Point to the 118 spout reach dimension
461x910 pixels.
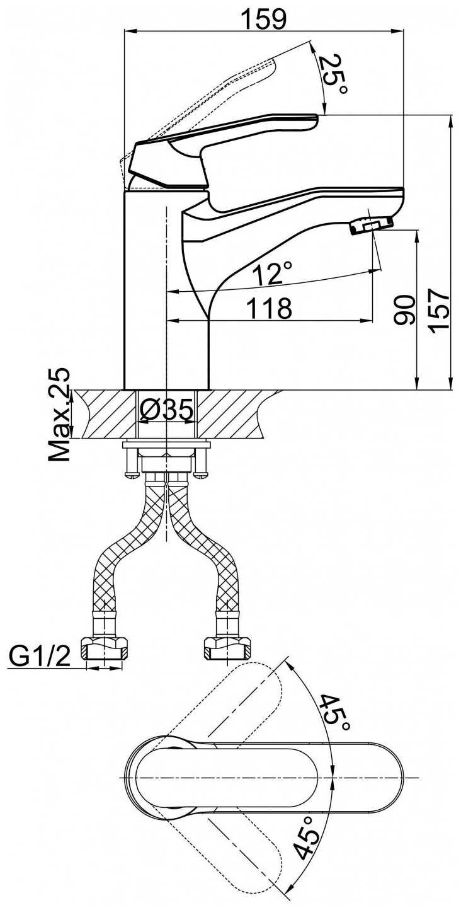click(x=270, y=308)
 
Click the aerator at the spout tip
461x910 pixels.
click(x=370, y=224)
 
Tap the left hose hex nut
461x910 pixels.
click(x=105, y=647)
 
